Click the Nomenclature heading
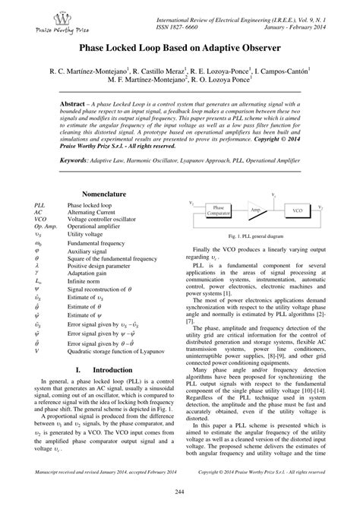(x=104, y=194)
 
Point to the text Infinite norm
(x=85, y=280)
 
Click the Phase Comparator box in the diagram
(x=219, y=210)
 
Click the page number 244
(x=180, y=495)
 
